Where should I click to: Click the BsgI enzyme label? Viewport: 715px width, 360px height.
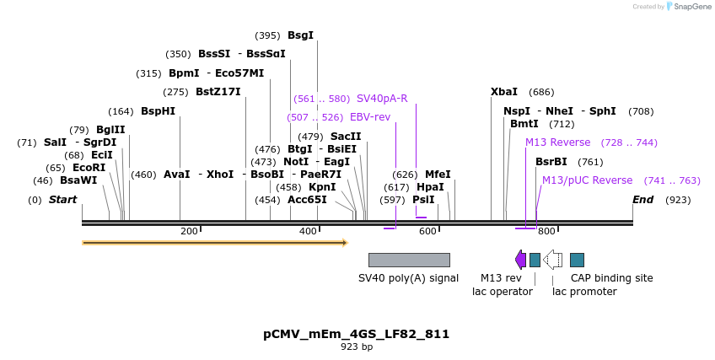300,35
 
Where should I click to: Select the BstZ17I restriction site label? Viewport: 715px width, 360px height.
218,92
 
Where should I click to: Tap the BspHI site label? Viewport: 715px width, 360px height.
158,111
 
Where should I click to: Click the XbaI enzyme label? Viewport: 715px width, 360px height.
504,92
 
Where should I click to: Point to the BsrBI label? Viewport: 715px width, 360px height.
551,162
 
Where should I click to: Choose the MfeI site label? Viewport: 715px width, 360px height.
438,175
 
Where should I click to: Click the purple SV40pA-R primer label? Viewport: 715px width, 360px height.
382,99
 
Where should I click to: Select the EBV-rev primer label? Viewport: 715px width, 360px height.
370,117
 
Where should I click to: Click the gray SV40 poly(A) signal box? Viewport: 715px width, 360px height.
409,260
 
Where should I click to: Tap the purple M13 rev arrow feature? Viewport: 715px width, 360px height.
520,259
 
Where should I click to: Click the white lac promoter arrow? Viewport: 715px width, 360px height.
552,259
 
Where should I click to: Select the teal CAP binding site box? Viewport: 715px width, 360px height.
577,260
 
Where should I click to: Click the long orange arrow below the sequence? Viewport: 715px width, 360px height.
214,243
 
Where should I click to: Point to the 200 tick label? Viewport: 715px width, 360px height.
189,231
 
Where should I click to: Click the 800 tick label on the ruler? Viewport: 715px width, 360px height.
546,231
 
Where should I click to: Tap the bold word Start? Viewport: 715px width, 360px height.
62,200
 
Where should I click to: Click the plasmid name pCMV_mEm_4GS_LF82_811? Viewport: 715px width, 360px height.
356,334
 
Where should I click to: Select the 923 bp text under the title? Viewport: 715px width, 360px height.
356,347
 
